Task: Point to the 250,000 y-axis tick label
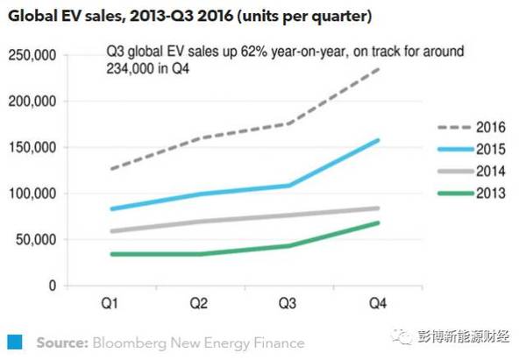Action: [x=32, y=55]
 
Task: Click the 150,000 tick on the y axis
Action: [x=32, y=147]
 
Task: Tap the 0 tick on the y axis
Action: [x=52, y=286]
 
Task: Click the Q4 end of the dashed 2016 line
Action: [x=380, y=68]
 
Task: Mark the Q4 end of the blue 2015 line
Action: [x=379, y=140]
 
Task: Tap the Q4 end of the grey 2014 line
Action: [x=379, y=208]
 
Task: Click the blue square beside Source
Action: [x=15, y=342]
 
